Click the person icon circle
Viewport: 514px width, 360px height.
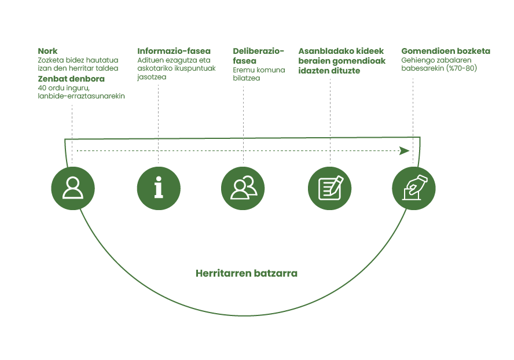pyautogui.click(x=72, y=189)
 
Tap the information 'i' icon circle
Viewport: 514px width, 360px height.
pyautogui.click(x=158, y=189)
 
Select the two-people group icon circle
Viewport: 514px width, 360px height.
pyautogui.click(x=243, y=189)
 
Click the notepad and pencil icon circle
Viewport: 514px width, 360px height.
pyautogui.click(x=329, y=189)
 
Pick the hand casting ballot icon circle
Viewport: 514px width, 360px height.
pyautogui.click(x=414, y=189)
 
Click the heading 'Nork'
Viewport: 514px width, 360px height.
pyautogui.click(x=47, y=51)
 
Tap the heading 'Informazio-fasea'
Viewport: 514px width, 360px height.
pyautogui.click(x=174, y=51)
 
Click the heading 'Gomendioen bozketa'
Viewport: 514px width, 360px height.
pyautogui.click(x=446, y=51)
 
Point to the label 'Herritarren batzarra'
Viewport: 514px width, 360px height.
pyautogui.click(x=247, y=273)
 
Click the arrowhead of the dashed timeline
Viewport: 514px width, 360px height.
pyautogui.click(x=405, y=150)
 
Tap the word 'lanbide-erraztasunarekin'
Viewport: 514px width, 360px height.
pyautogui.click(x=81, y=96)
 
